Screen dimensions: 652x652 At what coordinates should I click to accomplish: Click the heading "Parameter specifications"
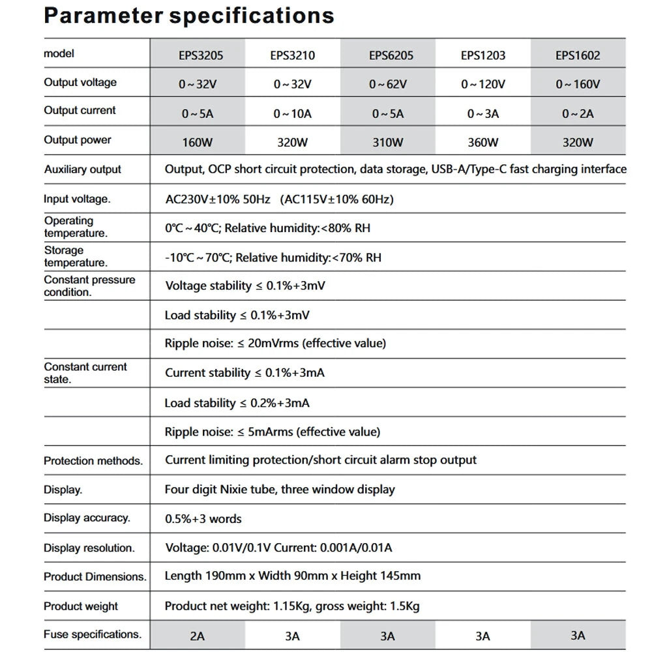[189, 16]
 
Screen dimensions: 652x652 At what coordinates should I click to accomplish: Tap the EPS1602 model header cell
[578, 55]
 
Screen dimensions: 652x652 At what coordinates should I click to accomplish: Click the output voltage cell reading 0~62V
[388, 84]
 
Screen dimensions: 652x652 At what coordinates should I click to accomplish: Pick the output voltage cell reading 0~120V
[484, 84]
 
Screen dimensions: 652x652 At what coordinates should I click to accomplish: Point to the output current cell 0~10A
[292, 113]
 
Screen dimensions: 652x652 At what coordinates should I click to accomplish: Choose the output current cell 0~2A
[578, 113]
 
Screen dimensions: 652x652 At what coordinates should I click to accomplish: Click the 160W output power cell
[198, 142]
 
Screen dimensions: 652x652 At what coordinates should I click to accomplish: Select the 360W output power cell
[483, 142]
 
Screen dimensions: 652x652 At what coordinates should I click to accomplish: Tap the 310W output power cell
[388, 142]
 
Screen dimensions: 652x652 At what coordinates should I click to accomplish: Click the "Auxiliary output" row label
[83, 170]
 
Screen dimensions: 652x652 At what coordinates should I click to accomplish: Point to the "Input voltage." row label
[77, 200]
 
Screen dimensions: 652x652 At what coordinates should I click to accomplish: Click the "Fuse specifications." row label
[93, 634]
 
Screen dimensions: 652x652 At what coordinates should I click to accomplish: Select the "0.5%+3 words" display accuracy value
[203, 519]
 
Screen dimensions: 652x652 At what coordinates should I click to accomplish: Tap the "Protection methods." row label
[93, 461]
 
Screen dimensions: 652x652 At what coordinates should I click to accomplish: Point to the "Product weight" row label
[81, 606]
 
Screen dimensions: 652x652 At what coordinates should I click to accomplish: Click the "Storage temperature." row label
[75, 256]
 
